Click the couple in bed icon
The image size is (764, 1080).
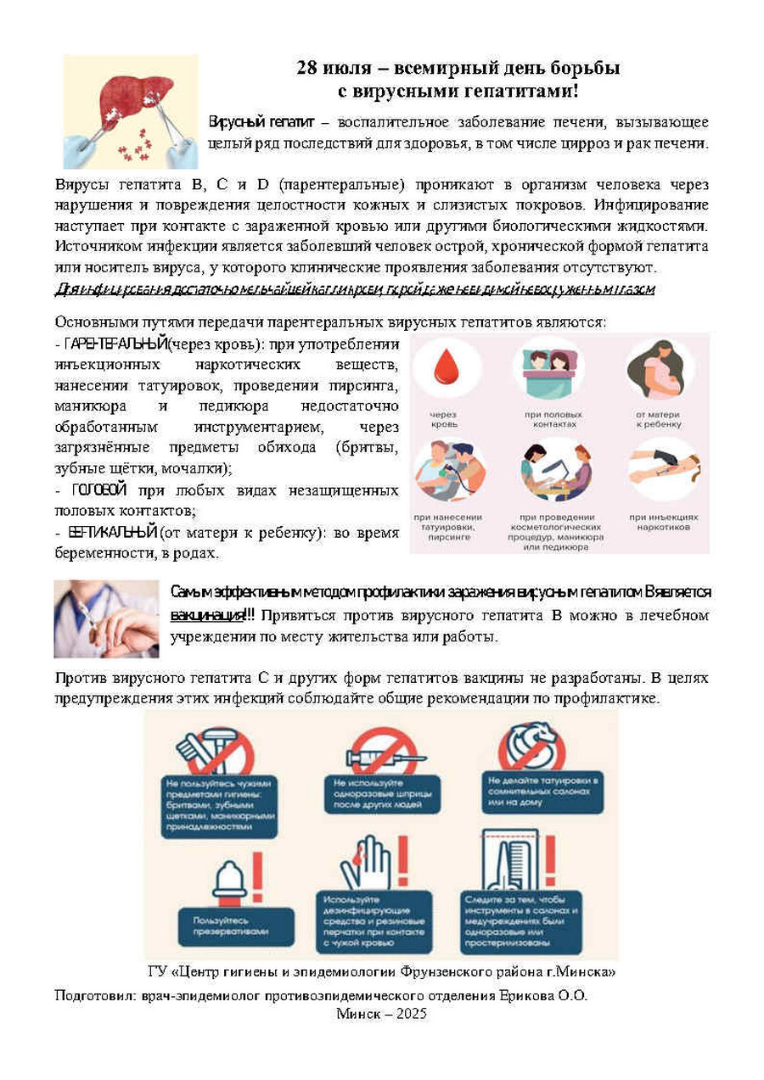tap(549, 367)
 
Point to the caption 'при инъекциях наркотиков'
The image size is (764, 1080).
tap(664, 522)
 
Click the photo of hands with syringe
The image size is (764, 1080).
tap(106, 618)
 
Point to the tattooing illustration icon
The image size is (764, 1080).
tap(448, 469)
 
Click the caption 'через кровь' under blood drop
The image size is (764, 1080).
tap(445, 418)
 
